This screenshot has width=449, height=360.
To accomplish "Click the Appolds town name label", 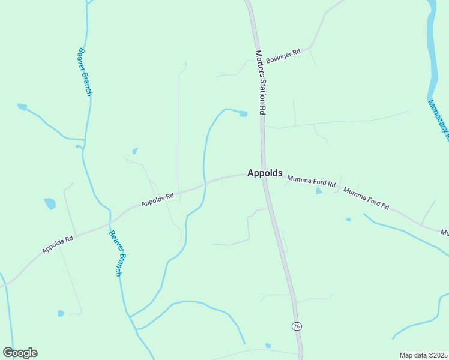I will tap(265, 173).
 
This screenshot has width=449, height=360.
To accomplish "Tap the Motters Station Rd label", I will tap(260, 82).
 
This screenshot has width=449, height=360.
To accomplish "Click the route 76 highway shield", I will tap(297, 326).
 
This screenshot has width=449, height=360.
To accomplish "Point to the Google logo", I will tap(20, 353).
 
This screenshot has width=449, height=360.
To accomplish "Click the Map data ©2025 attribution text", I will tap(423, 355).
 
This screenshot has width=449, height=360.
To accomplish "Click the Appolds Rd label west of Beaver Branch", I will tap(58, 244).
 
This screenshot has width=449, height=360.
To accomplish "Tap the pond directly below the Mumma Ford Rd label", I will tap(319, 191).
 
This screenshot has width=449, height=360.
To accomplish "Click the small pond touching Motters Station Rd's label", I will tap(243, 114).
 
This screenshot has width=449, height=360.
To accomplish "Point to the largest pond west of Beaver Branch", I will tap(49, 203).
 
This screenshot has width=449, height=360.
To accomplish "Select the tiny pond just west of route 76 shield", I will tap(268, 346).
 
